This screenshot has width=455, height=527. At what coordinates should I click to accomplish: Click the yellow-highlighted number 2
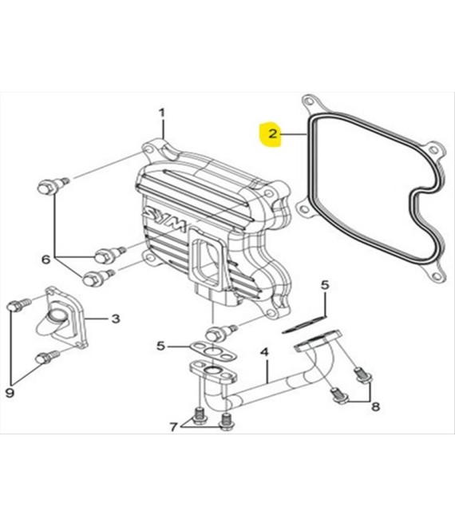point(272,134)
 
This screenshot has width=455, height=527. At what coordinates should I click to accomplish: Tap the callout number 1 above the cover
point(162,113)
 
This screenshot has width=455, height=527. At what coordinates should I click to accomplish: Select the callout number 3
point(116,319)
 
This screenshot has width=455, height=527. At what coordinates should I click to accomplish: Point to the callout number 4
point(265,352)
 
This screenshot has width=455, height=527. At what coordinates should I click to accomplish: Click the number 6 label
point(45,259)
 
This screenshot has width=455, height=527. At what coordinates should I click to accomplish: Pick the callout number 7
point(172,427)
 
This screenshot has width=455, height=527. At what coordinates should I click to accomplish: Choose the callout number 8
point(375,406)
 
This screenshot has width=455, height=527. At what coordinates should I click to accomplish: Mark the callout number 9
point(10,392)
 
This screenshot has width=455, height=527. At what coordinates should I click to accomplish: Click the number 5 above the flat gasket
point(324,285)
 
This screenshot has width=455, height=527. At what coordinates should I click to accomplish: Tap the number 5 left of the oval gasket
point(161,346)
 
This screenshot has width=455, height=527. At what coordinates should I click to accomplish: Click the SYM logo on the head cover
point(164,218)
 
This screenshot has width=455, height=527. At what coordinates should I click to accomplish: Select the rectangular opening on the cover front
point(208,260)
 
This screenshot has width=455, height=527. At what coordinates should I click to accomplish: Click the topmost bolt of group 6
point(53,185)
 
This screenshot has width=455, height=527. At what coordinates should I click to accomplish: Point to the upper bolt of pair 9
point(18,304)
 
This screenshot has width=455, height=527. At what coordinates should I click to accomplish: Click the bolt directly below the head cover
point(220,333)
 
